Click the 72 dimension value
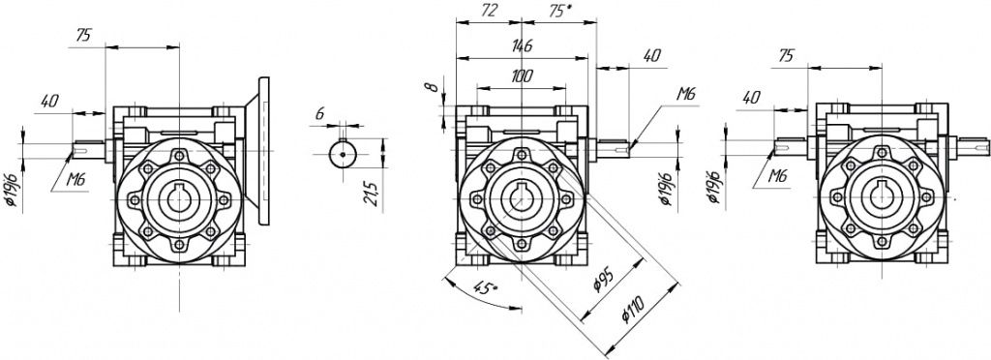click(490, 10)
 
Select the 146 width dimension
click(522, 46)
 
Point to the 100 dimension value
click(522, 77)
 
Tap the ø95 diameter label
click(606, 279)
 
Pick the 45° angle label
click(485, 289)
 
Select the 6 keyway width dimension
click(319, 114)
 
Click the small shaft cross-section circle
click(343, 154)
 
